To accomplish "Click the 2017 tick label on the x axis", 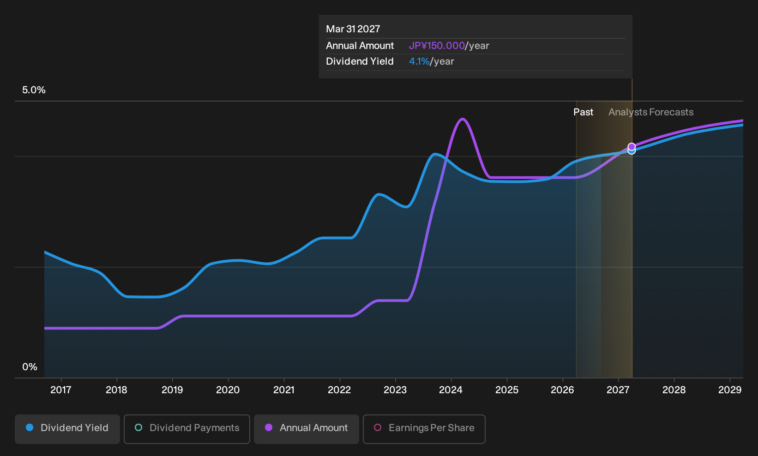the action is [x=61, y=390].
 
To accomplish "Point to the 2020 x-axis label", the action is [x=228, y=390].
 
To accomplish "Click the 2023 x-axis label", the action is [x=395, y=390].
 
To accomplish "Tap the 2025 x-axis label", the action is [x=506, y=390].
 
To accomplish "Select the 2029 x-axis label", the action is [x=730, y=390].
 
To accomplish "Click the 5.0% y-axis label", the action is [x=34, y=90].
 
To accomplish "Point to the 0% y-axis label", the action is [x=30, y=367].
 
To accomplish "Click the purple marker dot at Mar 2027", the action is [x=632, y=146].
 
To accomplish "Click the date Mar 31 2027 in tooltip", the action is [x=353, y=29].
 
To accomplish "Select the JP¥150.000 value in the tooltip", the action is [x=437, y=46].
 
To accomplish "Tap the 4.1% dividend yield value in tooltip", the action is [x=419, y=61].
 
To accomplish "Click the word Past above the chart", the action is [x=583, y=112].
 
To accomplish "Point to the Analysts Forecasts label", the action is [x=651, y=112].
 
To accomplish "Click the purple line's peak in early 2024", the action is [x=462, y=119].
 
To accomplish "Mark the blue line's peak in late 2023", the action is [x=435, y=155].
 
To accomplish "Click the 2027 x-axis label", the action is [x=618, y=390].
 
